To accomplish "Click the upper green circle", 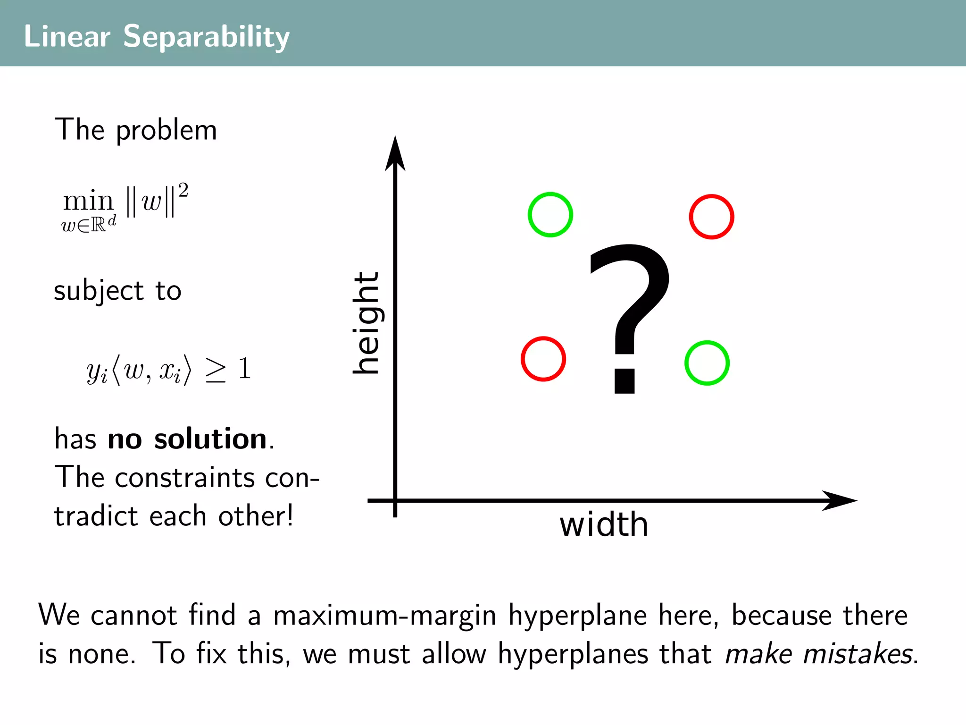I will click(550, 215).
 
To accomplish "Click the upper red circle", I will click(711, 217).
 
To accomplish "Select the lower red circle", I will click(543, 359).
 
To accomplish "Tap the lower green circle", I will click(707, 363).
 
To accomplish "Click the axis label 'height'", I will click(366, 323).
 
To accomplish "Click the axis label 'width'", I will click(604, 525).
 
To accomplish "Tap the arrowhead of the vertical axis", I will click(395, 153).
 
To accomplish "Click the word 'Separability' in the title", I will click(206, 37).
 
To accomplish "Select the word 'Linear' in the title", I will click(67, 37).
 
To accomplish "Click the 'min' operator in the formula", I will click(88, 202).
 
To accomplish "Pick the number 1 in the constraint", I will click(244, 368).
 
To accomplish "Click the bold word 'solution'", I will click(210, 439).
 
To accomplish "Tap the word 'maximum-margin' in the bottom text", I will click(384, 616).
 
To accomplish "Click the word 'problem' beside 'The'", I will click(166, 131).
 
